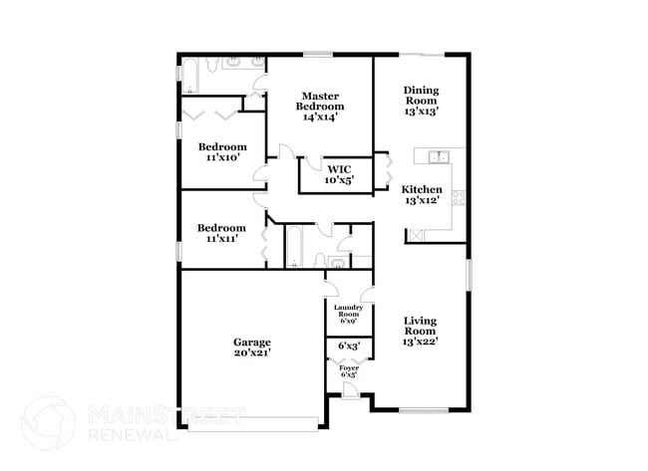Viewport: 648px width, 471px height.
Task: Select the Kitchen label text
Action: click(420, 188)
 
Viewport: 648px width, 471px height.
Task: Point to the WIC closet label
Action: click(337, 169)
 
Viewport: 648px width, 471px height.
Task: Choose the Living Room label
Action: click(420, 326)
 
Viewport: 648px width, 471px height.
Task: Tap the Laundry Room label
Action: click(348, 312)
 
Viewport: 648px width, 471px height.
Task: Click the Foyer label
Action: click(349, 368)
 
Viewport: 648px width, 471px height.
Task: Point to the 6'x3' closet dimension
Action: click(349, 347)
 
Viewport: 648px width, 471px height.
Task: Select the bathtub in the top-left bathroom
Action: click(187, 76)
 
